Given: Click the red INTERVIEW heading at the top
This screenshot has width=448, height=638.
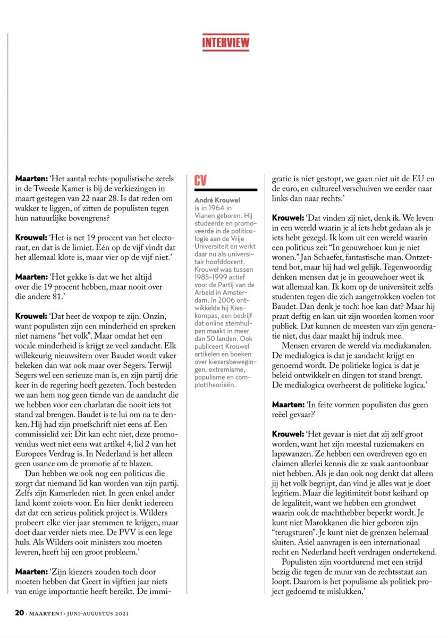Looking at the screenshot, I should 225,42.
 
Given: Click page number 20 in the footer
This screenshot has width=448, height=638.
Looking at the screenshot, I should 19,613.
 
